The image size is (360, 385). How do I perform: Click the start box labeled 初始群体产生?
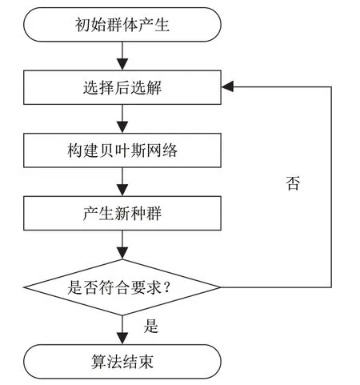point(122,25)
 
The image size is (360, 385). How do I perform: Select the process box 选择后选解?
point(122,87)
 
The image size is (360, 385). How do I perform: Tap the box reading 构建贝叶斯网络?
point(122,150)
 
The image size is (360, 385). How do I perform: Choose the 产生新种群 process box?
point(122,213)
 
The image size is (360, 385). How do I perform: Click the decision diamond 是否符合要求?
point(122,287)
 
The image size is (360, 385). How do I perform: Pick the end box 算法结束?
point(122,362)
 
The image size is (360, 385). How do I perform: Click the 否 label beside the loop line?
point(293,183)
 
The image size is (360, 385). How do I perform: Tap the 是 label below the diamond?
point(151,326)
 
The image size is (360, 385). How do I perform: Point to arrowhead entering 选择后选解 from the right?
point(227,86)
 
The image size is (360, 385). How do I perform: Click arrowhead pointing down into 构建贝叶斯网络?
point(122,127)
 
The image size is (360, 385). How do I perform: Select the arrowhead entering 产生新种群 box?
point(122,190)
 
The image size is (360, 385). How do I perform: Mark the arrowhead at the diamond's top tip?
point(122,253)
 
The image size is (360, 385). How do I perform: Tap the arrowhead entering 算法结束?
point(122,339)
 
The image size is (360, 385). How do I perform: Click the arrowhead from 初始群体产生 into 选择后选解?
point(122,64)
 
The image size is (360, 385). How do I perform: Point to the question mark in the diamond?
point(166,287)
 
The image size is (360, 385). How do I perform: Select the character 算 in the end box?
point(98,362)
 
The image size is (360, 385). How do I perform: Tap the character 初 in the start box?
point(82,25)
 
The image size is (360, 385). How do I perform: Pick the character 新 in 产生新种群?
point(122,213)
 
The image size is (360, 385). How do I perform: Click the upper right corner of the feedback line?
point(331,86)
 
